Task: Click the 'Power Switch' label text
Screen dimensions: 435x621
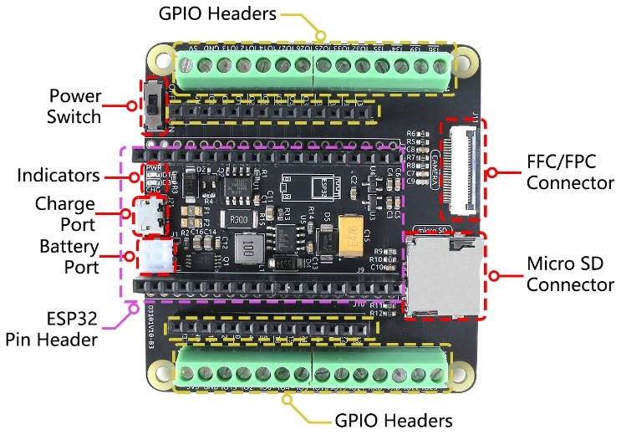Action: tap(74, 105)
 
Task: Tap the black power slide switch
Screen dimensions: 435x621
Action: tap(154, 106)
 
